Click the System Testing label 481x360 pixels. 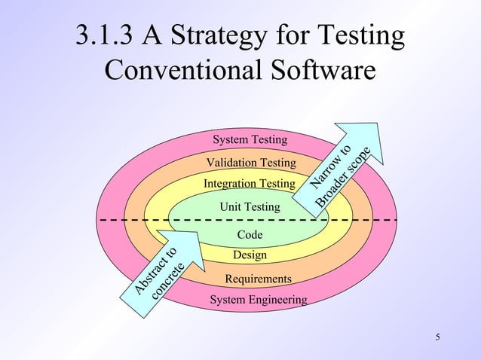[x=250, y=140]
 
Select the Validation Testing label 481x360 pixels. [x=251, y=163]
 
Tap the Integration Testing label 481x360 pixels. [x=249, y=184]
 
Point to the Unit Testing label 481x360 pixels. [x=250, y=206]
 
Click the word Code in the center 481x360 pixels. [x=250, y=235]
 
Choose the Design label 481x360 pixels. [x=250, y=255]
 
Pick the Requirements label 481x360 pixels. [x=258, y=279]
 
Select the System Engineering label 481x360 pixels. [x=258, y=300]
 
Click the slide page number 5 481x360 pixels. [x=438, y=336]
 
